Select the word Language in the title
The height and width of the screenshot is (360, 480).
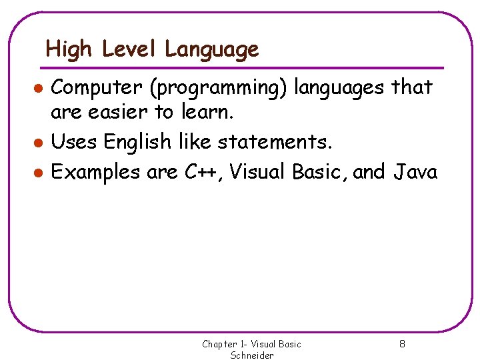[212, 49]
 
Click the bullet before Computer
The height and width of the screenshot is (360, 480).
[39, 88]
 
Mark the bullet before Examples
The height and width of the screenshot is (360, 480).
[39, 173]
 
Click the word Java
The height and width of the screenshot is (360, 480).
[415, 173]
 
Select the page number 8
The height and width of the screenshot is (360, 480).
[402, 345]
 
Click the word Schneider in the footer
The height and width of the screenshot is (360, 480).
[252, 355]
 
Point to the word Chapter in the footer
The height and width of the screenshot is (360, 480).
[219, 345]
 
